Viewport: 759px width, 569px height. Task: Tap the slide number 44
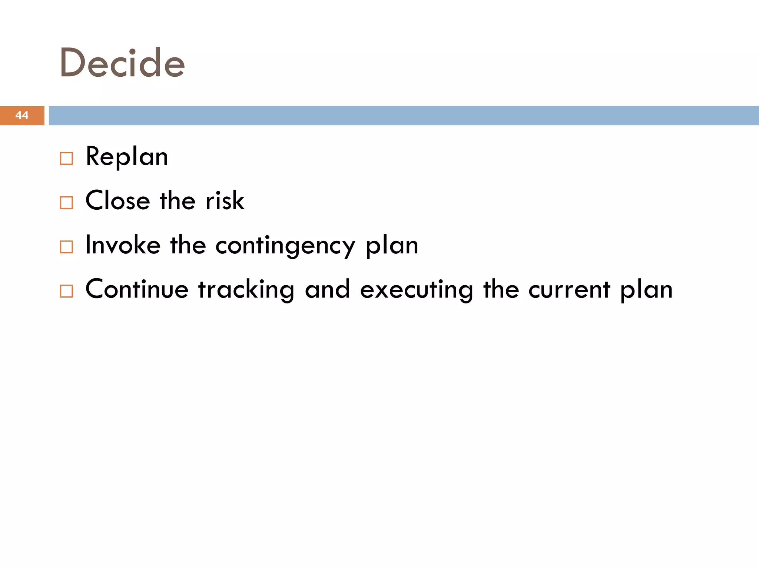22,115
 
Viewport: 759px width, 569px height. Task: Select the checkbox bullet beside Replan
66,159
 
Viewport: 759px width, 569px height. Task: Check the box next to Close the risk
66,203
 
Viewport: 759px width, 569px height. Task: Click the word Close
118,200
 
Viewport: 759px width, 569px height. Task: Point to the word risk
225,200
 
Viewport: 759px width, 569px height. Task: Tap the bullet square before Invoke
66,247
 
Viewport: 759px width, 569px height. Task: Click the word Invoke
123,245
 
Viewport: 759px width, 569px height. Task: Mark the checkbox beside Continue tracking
66,291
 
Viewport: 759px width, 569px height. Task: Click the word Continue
137,289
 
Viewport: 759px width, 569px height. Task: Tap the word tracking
246,290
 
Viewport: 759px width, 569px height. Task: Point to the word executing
417,290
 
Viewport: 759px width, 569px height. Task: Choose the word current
569,290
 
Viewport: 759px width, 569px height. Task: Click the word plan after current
647,290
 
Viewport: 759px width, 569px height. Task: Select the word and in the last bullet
327,289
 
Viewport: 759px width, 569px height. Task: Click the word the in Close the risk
178,200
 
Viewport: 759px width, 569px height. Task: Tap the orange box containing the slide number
22,116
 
